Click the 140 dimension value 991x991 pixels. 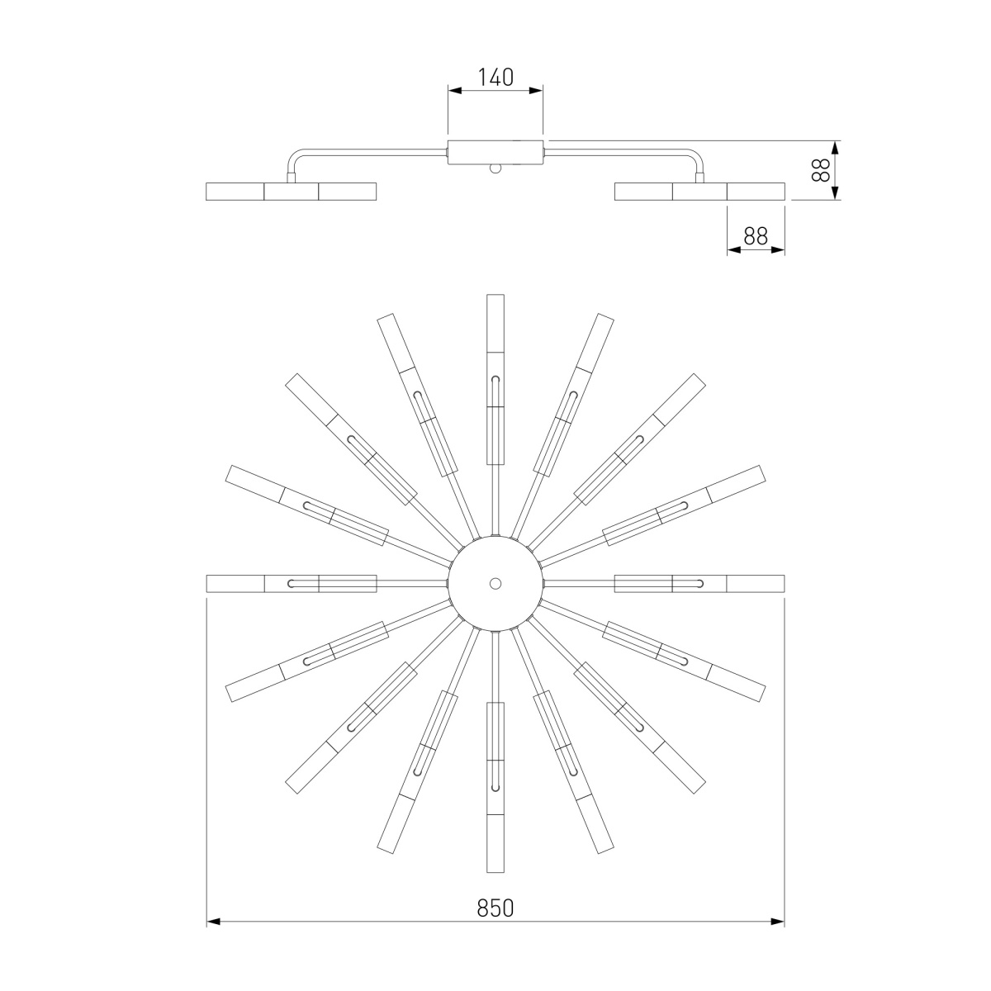495,77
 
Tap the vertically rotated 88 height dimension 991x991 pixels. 820,170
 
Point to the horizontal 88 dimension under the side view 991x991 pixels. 756,236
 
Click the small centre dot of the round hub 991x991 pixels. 495,583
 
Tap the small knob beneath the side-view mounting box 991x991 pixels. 495,168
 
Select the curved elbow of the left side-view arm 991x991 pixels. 294,155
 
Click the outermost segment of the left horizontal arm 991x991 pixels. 235,583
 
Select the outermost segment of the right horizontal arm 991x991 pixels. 756,583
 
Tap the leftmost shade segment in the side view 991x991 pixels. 235,192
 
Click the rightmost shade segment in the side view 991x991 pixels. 756,192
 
